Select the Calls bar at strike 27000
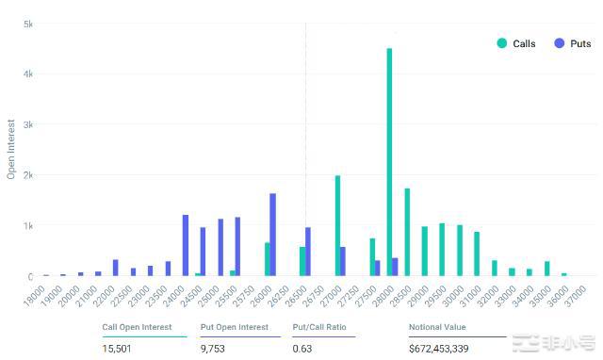click(x=337, y=226)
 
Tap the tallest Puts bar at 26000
click(x=272, y=235)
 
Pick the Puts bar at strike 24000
click(x=186, y=245)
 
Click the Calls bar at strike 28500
click(x=407, y=232)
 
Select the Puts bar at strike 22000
click(x=116, y=268)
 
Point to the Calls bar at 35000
click(x=546, y=269)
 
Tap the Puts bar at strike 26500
click(x=308, y=252)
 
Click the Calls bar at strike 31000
click(x=477, y=254)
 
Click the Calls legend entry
click(x=516, y=43)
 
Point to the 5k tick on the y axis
click(x=28, y=23)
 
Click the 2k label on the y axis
click(x=28, y=175)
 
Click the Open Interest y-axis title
click(x=11, y=149)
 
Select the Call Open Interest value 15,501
click(x=119, y=349)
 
